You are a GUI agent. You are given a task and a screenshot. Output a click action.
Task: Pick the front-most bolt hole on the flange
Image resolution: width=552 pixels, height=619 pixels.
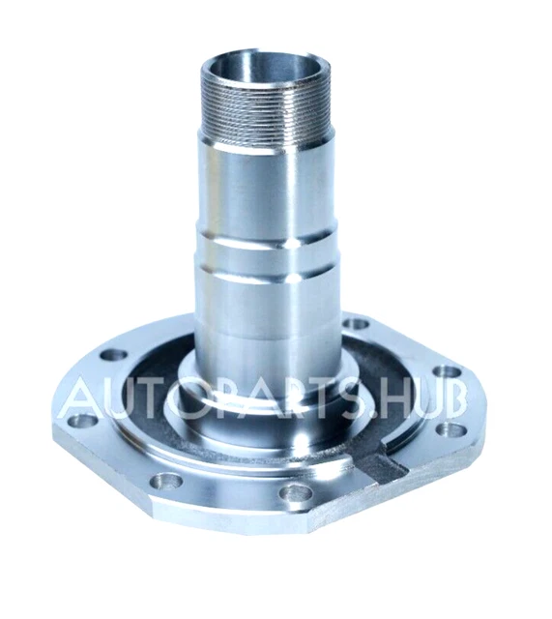294,493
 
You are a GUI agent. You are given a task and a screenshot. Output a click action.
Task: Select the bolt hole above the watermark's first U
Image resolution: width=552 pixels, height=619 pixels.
113,354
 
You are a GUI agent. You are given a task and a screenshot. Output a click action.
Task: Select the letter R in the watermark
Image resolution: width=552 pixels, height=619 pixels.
307,397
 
